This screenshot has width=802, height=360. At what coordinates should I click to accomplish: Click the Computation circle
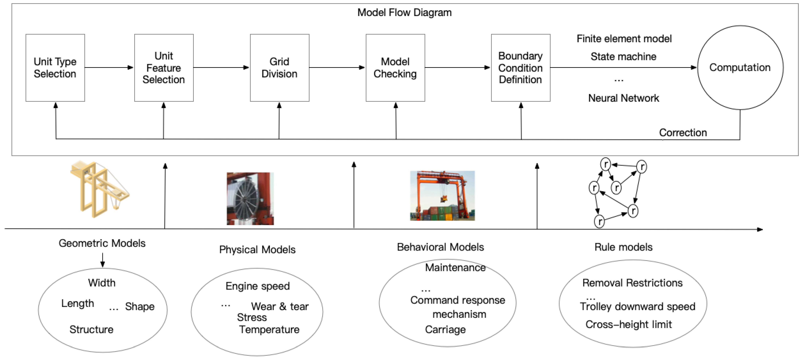740,68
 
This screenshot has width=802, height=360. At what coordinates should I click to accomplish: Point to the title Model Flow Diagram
404,12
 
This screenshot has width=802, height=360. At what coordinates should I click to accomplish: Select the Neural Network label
624,98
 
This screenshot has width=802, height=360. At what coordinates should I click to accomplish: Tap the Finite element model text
624,39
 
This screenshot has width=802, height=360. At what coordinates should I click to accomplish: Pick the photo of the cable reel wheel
250,199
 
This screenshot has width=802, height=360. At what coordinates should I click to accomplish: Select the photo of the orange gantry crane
442,195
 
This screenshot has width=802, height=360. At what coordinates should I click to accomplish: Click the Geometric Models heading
102,243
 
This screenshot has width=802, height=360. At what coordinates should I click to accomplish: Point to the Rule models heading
623,247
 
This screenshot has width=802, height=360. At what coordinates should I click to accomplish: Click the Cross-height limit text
629,324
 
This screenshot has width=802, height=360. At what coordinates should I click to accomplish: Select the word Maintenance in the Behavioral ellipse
455,268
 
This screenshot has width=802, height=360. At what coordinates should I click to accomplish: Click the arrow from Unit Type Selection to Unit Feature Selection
109,68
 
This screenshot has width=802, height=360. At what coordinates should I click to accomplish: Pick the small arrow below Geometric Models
102,260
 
